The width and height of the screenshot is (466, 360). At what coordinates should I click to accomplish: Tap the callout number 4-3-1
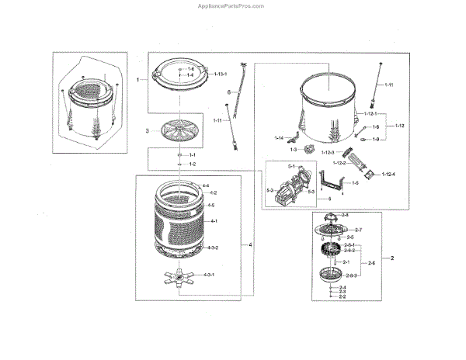(x=210, y=275)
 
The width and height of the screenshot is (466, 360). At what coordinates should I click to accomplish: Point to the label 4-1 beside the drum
(x=210, y=222)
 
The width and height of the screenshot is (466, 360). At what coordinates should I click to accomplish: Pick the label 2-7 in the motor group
(x=359, y=230)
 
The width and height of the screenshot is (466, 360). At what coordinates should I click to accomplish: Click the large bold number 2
(x=392, y=257)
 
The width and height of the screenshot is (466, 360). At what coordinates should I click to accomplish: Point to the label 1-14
(x=280, y=137)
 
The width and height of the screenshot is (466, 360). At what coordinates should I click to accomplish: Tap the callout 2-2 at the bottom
(x=342, y=296)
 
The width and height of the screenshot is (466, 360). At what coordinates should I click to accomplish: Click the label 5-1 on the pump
(x=272, y=168)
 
